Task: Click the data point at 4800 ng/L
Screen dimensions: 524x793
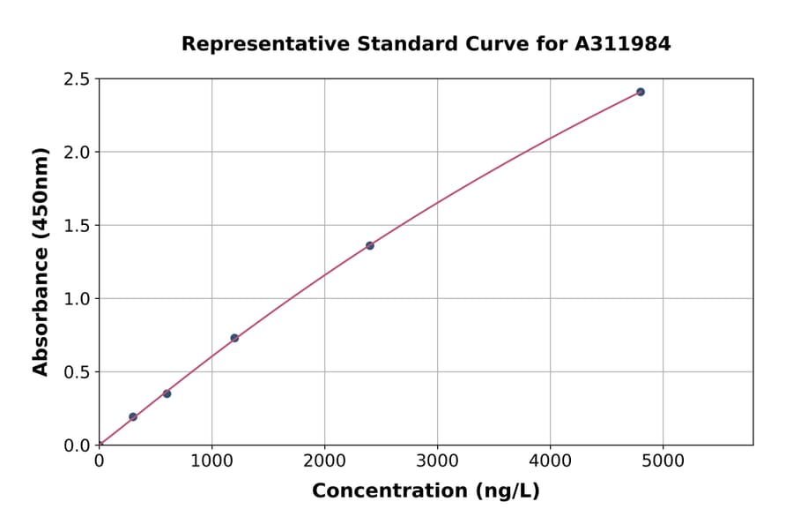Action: click(x=641, y=92)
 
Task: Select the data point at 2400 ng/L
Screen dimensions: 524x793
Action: click(x=370, y=245)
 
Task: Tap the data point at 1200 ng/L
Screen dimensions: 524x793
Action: click(x=234, y=338)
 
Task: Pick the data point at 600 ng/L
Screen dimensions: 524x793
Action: click(x=167, y=393)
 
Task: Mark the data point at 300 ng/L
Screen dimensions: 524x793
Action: click(x=133, y=416)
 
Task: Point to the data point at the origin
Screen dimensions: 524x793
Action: click(x=100, y=445)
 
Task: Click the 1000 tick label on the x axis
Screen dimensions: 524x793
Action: click(x=211, y=460)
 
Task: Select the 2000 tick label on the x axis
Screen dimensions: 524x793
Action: click(x=324, y=460)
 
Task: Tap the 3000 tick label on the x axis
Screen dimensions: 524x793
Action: click(x=438, y=460)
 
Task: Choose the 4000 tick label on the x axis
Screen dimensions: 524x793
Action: click(x=551, y=460)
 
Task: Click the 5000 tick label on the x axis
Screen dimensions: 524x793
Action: click(x=663, y=460)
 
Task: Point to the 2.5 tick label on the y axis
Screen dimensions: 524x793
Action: click(x=77, y=79)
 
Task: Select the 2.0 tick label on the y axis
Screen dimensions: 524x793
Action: click(x=77, y=153)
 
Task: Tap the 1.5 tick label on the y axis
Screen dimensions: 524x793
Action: click(x=77, y=226)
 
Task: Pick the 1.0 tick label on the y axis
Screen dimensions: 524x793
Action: click(x=77, y=299)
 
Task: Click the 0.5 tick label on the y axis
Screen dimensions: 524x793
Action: click(x=77, y=372)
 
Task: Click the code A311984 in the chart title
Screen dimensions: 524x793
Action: click(x=623, y=43)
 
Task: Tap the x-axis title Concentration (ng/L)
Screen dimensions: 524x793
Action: click(x=426, y=490)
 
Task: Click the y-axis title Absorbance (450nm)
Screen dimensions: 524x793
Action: click(x=41, y=262)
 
